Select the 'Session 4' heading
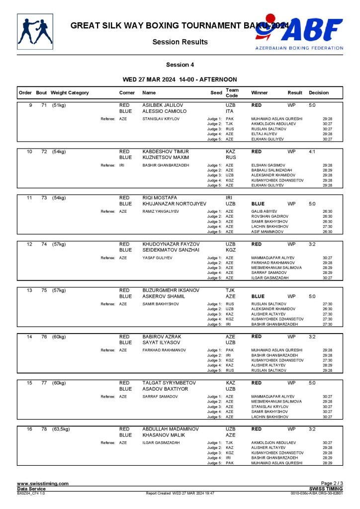[180, 65]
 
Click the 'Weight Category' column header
[70, 93]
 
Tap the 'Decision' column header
[319, 93]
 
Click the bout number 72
[44, 151]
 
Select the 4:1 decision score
[312, 151]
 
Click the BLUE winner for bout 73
[258, 203]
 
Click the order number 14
[29, 337]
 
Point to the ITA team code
[230, 111]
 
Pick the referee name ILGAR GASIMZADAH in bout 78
[162, 442]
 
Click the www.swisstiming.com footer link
[43, 483]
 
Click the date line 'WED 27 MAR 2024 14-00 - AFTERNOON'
[180, 79]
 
